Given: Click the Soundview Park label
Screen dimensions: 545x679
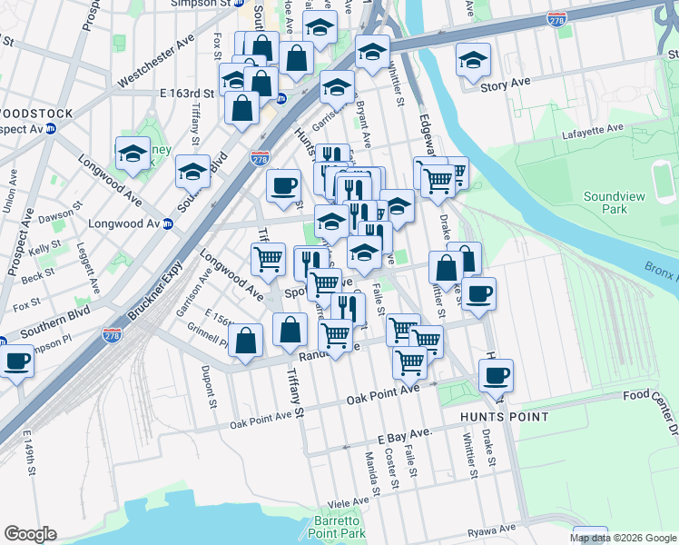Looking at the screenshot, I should pyautogui.click(x=605, y=203).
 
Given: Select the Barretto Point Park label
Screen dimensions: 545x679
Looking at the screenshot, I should pyautogui.click(x=333, y=527).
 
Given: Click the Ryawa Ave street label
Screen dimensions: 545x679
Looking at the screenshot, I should pyautogui.click(x=494, y=528).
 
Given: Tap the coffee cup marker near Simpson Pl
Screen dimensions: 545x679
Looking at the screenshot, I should pyautogui.click(x=15, y=361).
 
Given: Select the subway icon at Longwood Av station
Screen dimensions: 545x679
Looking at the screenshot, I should pyautogui.click(x=167, y=223).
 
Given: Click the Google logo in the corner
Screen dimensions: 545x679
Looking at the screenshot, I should pyautogui.click(x=30, y=534).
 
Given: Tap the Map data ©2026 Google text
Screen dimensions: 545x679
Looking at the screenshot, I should pyautogui.click(x=624, y=538).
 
